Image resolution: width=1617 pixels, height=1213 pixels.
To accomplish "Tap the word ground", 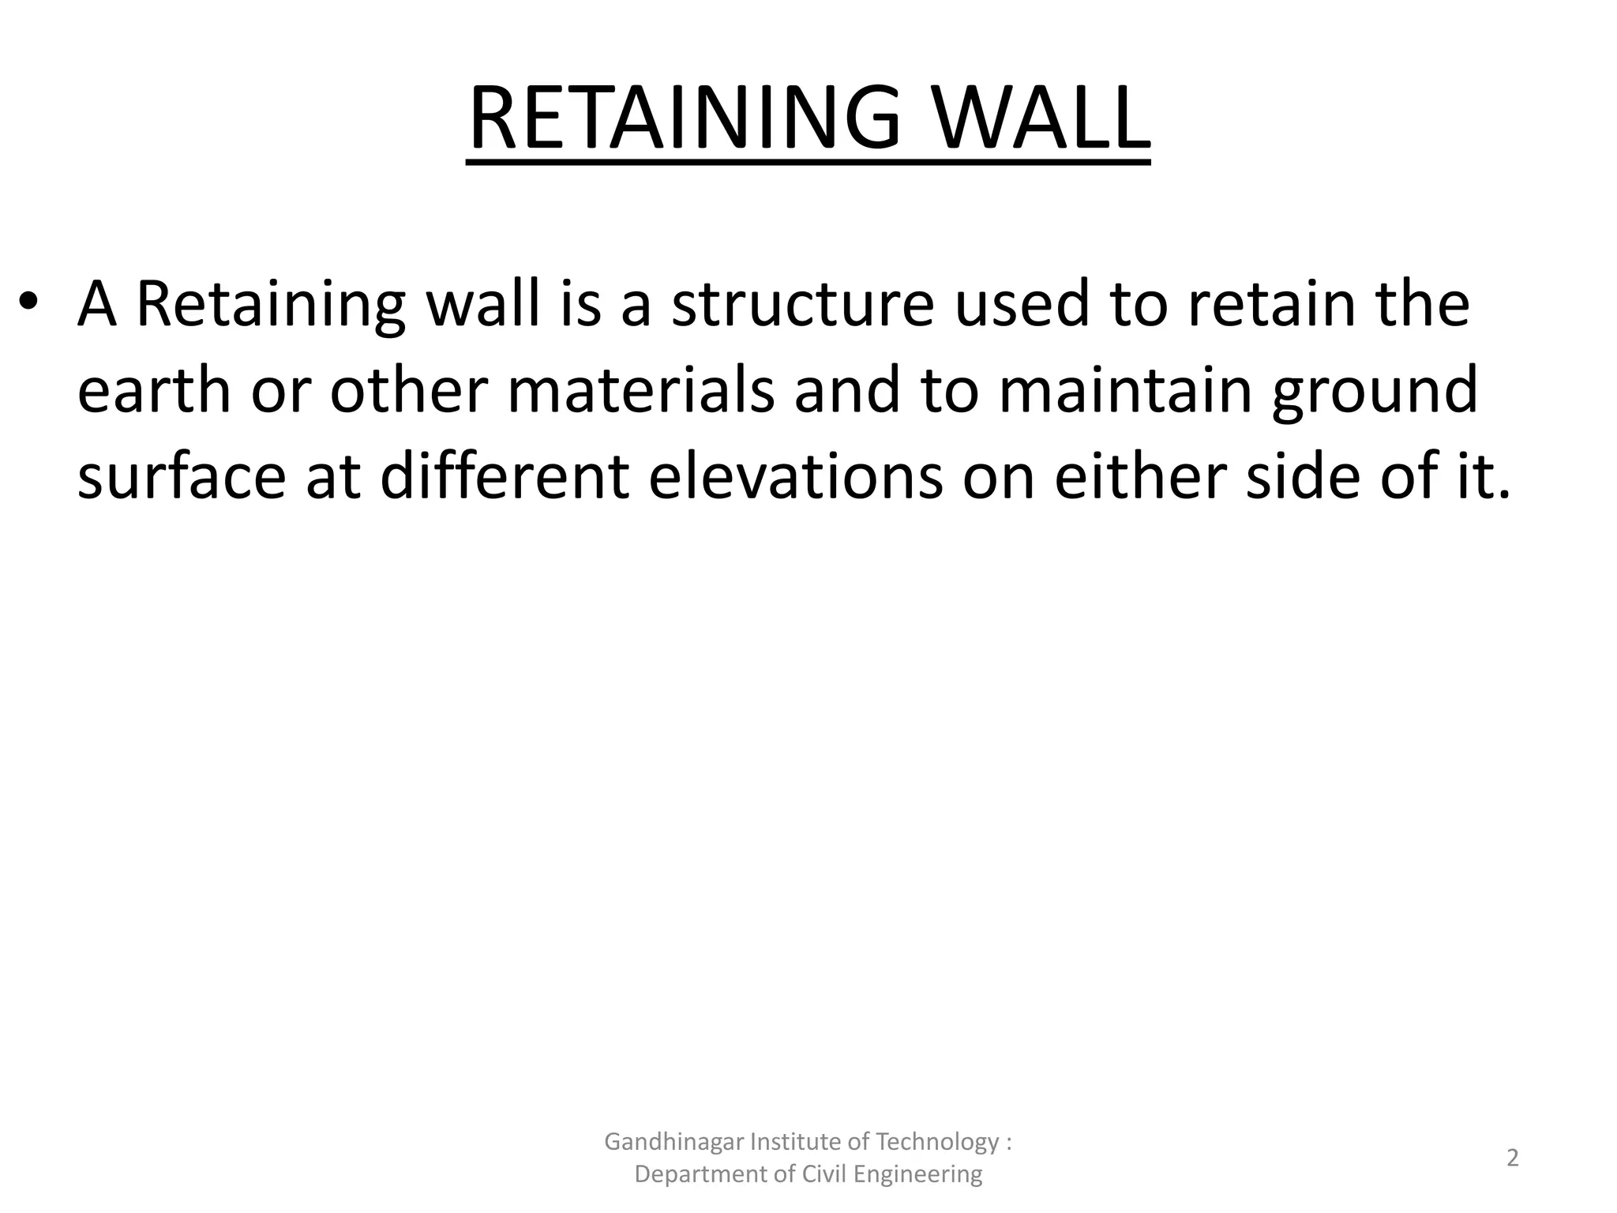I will (1375, 392).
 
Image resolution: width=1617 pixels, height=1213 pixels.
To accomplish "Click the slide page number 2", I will (1513, 1159).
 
